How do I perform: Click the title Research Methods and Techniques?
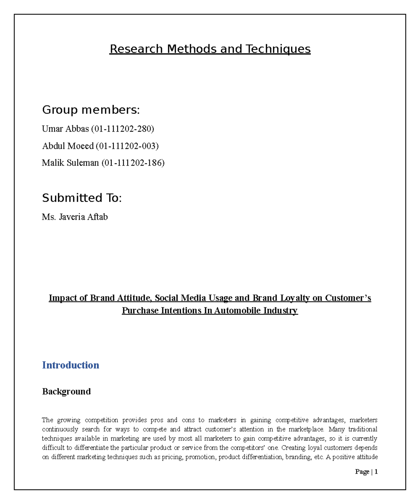pyautogui.click(x=210, y=49)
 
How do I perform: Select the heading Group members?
pyautogui.click(x=91, y=110)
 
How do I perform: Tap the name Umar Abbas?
pyautogui.click(x=65, y=129)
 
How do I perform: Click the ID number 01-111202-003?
pyautogui.click(x=127, y=146)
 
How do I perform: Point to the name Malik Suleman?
pyautogui.click(x=70, y=163)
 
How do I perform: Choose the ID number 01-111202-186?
pyautogui.click(x=133, y=163)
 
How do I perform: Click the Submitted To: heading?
pyautogui.click(x=82, y=198)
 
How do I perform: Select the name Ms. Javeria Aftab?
pyautogui.click(x=75, y=217)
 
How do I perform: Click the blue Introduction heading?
pyautogui.click(x=70, y=365)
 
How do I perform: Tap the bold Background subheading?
pyautogui.click(x=66, y=391)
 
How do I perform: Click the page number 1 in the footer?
pyautogui.click(x=376, y=471)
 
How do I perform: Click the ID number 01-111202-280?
pyautogui.click(x=122, y=129)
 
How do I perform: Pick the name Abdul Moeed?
pyautogui.click(x=68, y=146)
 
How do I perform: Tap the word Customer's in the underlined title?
pyautogui.click(x=348, y=298)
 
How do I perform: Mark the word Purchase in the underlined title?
pyautogui.click(x=140, y=311)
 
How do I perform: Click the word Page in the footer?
pyautogui.click(x=362, y=471)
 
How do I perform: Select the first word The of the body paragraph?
pyautogui.click(x=48, y=420)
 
